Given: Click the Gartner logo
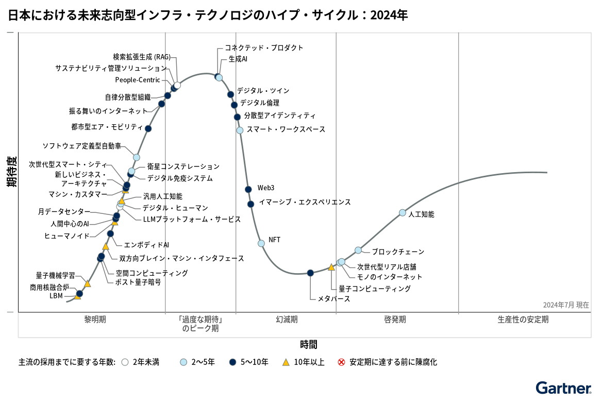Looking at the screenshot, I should (x=563, y=388).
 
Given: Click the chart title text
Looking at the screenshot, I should (x=208, y=15).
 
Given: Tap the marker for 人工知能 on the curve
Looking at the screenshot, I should (x=403, y=213).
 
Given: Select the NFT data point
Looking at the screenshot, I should (x=261, y=243).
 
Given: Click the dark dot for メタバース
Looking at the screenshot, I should (x=310, y=273).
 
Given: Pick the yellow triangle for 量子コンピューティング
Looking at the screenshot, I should (x=331, y=267).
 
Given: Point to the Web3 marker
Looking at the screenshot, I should (x=248, y=189).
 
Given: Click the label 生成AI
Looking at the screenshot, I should (x=238, y=59).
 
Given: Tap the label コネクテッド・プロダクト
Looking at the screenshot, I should (x=264, y=47).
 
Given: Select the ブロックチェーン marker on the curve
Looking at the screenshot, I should (x=358, y=250).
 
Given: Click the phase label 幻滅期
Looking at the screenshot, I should (x=287, y=320).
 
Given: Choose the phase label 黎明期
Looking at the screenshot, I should (x=95, y=320).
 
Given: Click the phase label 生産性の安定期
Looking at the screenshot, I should (x=523, y=320).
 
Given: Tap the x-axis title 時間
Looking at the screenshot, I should (x=309, y=344).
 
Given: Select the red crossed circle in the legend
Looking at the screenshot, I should (x=341, y=362).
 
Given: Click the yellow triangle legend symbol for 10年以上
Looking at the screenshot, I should (x=286, y=362).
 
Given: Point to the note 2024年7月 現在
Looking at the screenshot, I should (x=565, y=305).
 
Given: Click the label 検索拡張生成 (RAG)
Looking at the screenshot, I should (x=142, y=57).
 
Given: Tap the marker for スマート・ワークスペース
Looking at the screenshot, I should (x=240, y=130).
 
